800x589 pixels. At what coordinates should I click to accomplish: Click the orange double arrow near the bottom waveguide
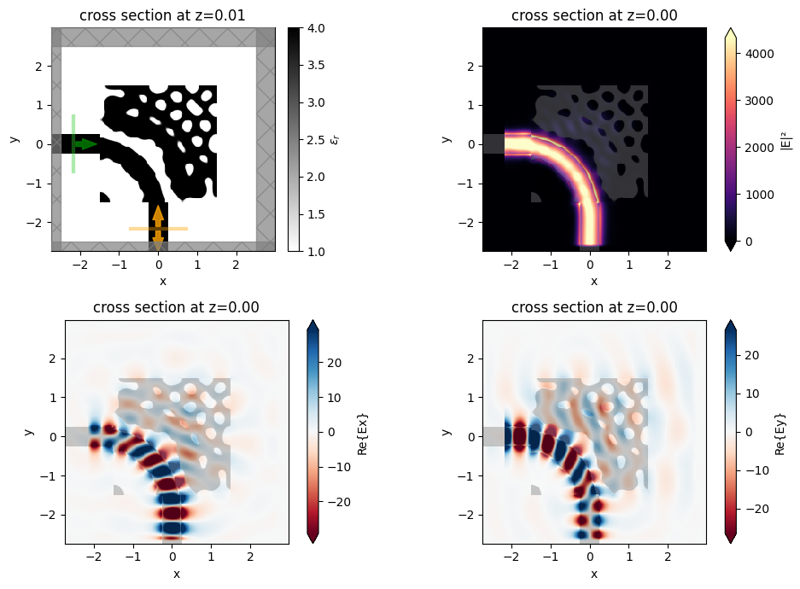click(x=158, y=227)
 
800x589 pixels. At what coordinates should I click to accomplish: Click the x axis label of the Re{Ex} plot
click(x=177, y=574)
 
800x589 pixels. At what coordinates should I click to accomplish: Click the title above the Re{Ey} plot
click(x=594, y=307)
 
